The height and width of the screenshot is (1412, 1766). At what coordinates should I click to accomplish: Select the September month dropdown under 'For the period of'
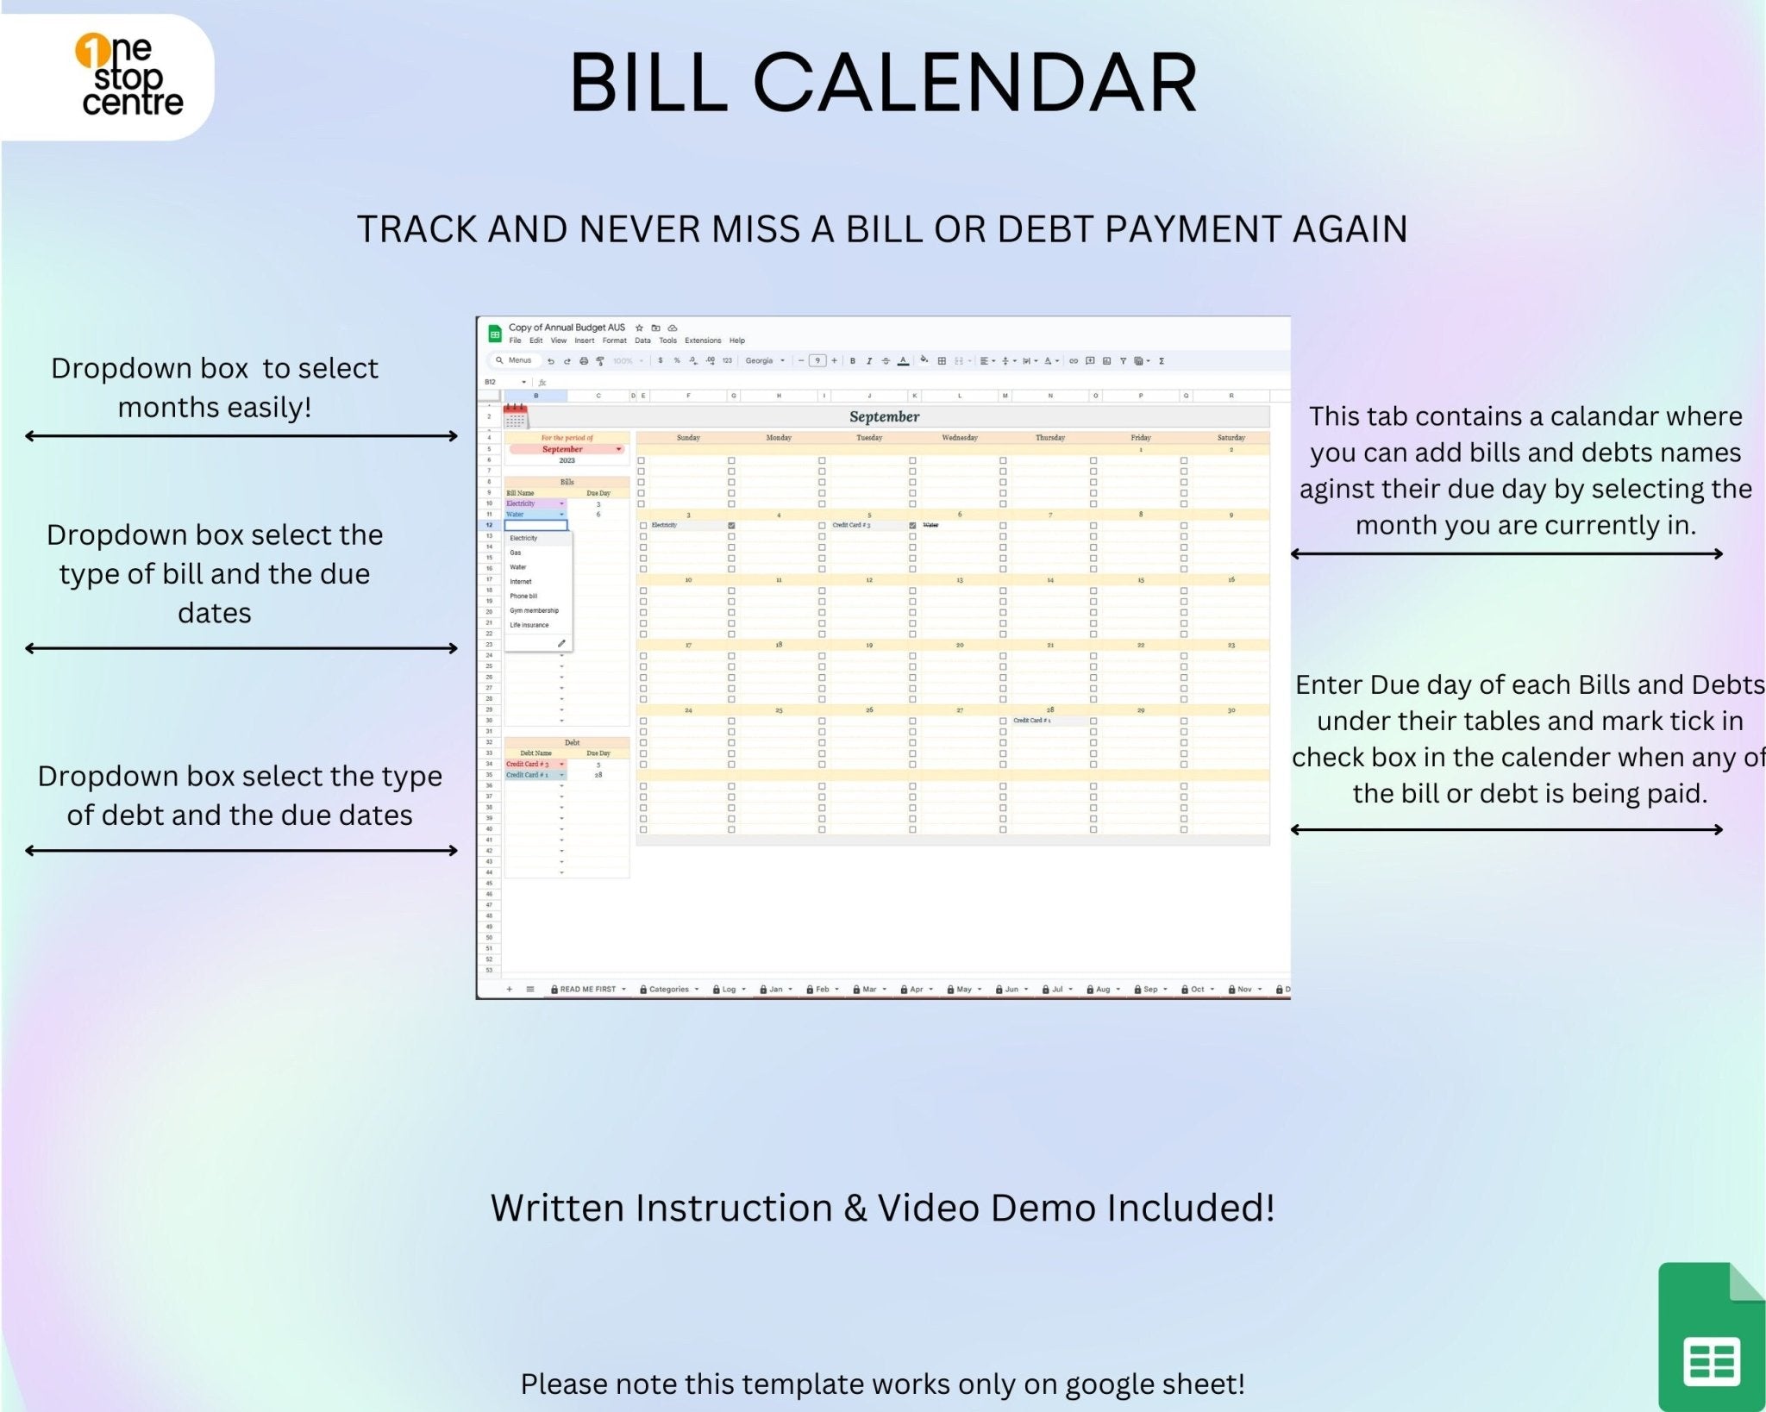tap(566, 449)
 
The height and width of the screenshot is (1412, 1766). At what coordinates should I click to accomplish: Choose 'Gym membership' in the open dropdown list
tap(534, 610)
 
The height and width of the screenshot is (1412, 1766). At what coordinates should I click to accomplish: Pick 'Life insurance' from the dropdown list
tap(529, 625)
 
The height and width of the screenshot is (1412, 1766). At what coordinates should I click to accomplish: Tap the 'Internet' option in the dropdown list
tap(521, 582)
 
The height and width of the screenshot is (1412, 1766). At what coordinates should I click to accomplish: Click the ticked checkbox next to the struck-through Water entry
tap(912, 525)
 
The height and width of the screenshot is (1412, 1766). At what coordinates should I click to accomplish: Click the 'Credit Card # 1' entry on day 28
tap(1032, 721)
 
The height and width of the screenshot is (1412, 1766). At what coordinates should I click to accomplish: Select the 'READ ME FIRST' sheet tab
tap(587, 990)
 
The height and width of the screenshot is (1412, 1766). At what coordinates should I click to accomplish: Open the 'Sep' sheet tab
tap(1150, 990)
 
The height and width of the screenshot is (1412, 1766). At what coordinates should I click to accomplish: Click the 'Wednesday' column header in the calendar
tap(960, 438)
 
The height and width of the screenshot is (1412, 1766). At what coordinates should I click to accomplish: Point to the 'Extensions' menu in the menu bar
tap(703, 341)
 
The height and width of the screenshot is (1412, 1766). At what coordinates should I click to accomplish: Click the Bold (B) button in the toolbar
tap(853, 361)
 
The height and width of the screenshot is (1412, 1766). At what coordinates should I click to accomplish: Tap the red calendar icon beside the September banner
tap(516, 416)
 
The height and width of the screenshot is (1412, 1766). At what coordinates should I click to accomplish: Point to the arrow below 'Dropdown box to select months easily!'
tap(241, 436)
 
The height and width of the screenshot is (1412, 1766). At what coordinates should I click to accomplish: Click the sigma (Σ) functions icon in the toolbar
tap(1162, 361)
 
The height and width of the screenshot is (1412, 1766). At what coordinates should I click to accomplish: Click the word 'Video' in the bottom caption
tap(928, 1209)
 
